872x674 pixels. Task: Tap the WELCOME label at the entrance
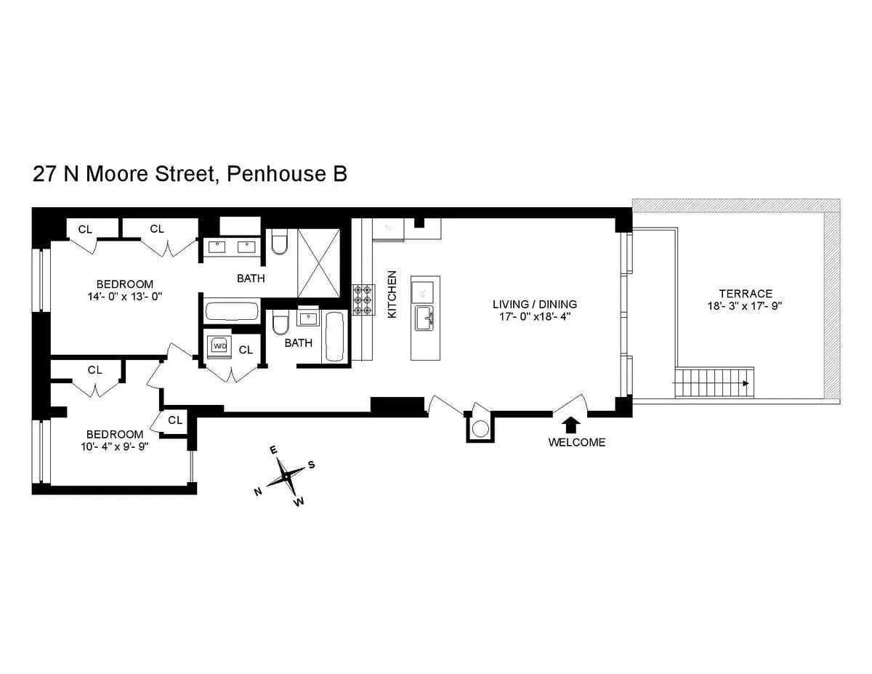pos(576,442)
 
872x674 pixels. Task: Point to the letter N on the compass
pos(258,492)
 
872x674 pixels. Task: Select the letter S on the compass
pos(311,464)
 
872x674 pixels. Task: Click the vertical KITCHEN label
pos(392,294)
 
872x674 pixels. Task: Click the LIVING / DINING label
pos(534,304)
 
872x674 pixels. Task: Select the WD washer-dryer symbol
pos(219,346)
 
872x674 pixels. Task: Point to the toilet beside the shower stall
pos(280,244)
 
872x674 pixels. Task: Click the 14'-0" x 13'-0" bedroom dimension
pos(126,297)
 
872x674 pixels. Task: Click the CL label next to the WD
pos(246,350)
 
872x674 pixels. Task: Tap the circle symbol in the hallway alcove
pos(479,429)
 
